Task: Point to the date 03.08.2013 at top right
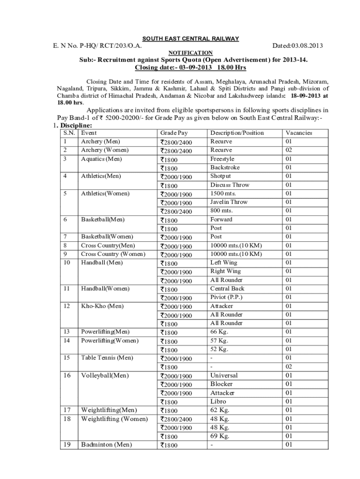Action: point(297,45)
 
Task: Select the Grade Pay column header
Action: point(173,133)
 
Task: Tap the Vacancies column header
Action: point(299,133)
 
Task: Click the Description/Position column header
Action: point(237,133)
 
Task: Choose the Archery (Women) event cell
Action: point(105,150)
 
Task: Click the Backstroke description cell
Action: point(225,167)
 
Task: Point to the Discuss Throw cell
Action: point(230,185)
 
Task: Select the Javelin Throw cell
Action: point(229,202)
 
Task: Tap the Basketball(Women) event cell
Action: point(107,237)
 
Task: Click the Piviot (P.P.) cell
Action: point(226,298)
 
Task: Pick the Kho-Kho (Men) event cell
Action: point(102,306)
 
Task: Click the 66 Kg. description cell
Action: point(219,332)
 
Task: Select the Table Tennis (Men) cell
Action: point(107,358)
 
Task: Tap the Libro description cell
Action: point(218,401)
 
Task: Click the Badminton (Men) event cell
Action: point(106,444)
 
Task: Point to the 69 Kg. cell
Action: point(220,436)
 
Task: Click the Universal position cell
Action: point(224,375)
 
